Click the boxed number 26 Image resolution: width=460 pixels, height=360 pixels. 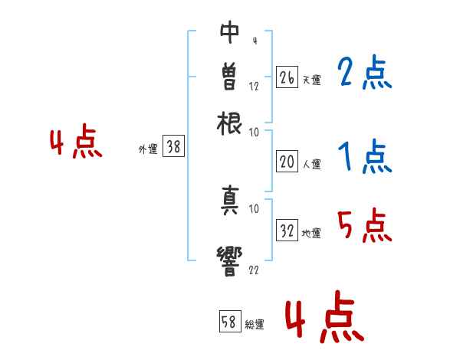[287, 77]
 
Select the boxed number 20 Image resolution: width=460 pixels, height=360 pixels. [287, 162]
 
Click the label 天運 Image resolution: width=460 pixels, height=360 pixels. [312, 80]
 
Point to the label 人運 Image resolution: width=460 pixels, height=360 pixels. [312, 164]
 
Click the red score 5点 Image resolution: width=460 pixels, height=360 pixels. [365, 227]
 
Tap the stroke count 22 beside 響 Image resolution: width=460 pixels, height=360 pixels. [254, 270]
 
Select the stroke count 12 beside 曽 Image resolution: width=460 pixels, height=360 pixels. [254, 87]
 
